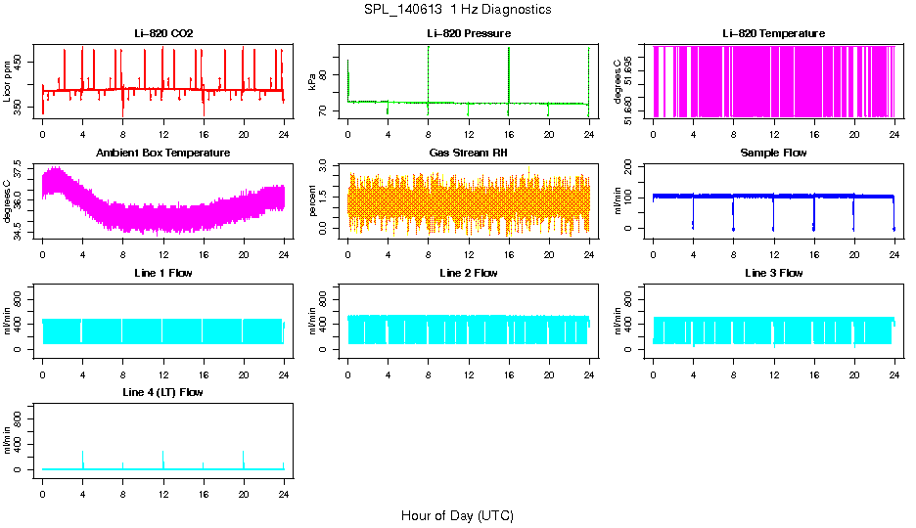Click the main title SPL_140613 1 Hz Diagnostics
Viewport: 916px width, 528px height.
pos(457,10)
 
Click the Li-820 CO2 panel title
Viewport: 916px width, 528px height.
pos(163,34)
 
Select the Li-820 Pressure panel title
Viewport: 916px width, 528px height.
pos(469,34)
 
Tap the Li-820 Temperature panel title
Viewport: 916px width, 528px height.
pos(773,34)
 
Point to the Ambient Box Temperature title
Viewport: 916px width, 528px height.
pos(163,154)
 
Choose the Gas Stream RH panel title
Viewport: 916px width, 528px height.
pos(469,154)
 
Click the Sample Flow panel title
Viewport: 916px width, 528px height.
pos(773,154)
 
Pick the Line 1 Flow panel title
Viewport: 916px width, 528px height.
pos(163,274)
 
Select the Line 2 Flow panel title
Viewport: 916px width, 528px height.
pos(469,274)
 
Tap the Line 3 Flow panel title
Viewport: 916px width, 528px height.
pos(773,274)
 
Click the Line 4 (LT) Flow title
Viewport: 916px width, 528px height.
pos(163,393)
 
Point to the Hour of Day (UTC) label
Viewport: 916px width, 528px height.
pos(457,515)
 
